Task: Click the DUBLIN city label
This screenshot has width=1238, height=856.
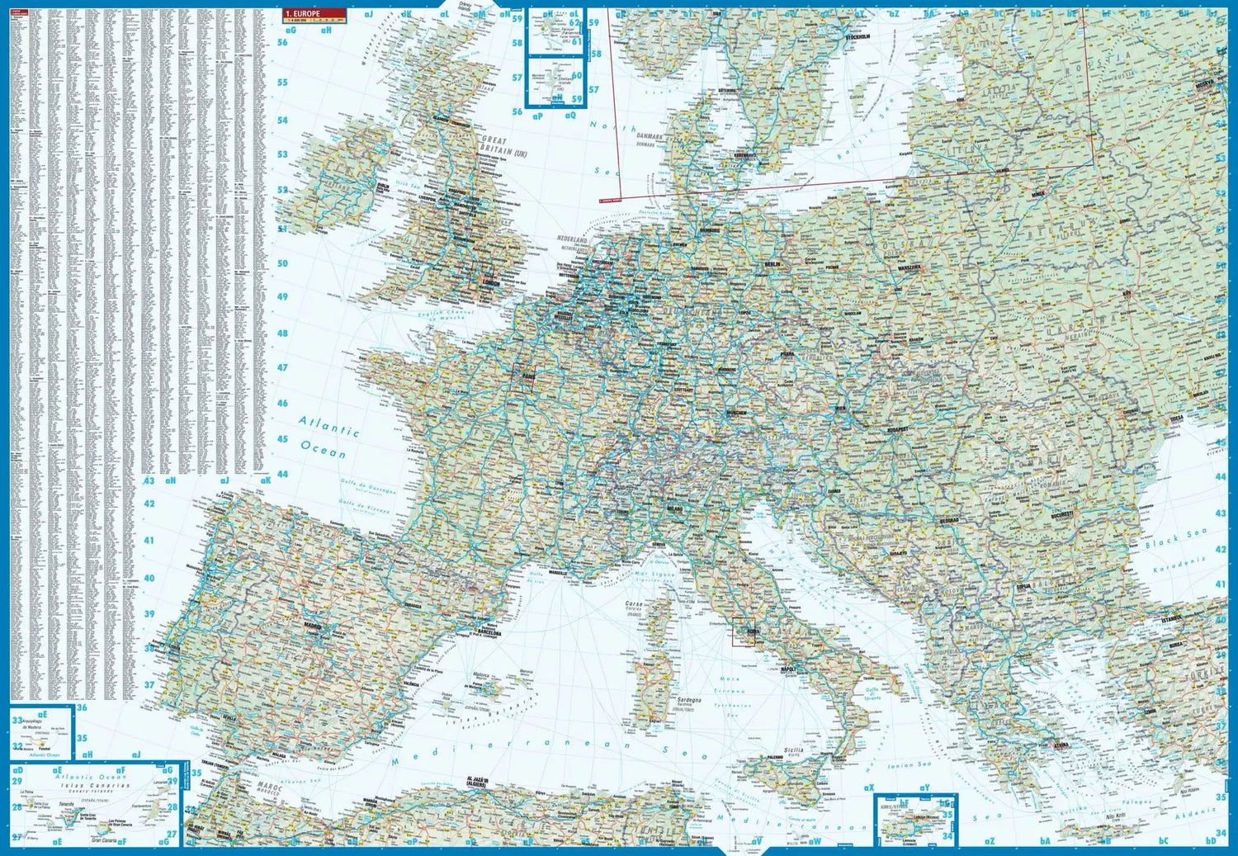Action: (x=383, y=187)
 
